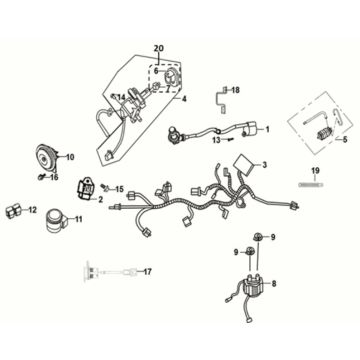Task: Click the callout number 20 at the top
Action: [157, 49]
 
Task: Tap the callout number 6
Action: [155, 71]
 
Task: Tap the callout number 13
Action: [214, 141]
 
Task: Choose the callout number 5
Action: [347, 140]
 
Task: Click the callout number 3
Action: [265, 164]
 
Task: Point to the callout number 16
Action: [55, 177]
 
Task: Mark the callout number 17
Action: [147, 272]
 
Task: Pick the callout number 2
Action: [101, 200]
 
